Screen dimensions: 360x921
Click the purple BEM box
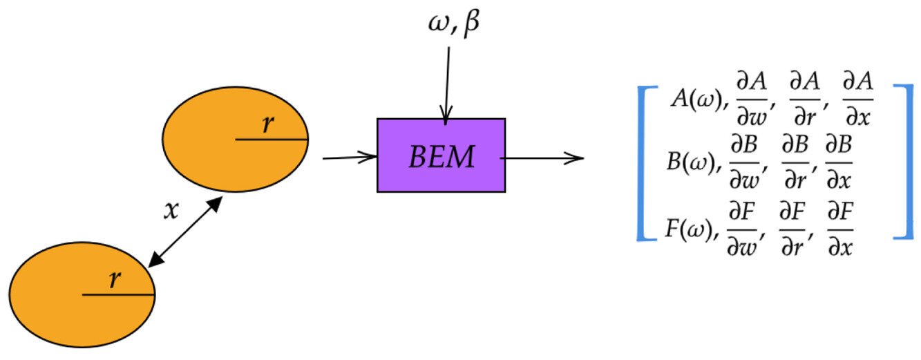[441, 155]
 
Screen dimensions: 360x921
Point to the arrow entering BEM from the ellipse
[350, 158]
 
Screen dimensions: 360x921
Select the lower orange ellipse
[82, 295]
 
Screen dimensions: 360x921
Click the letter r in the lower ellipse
[115, 279]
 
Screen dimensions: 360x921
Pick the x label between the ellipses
[171, 211]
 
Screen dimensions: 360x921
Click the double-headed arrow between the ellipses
[184, 232]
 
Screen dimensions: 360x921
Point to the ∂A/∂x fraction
[857, 100]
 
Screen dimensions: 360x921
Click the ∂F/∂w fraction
[744, 230]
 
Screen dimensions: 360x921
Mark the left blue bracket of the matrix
[643, 162]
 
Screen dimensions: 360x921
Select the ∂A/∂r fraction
[804, 100]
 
